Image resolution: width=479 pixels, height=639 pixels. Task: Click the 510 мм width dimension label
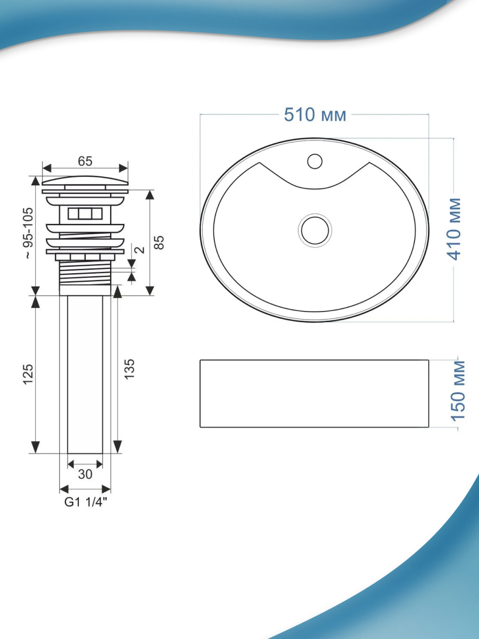coord(315,114)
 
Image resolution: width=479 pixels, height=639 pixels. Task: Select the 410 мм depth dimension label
coord(453,229)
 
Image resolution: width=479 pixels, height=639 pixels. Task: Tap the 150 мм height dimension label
coord(458,391)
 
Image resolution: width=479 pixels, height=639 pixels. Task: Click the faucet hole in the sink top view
coord(315,161)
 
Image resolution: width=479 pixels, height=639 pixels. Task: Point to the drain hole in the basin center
coord(315,230)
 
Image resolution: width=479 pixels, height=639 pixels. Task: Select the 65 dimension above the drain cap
coord(85,161)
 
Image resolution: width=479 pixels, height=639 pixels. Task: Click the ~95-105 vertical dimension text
coord(29,233)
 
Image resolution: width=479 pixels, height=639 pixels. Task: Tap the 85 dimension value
coord(159,242)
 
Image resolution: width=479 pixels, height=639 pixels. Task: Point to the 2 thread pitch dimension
coord(140,250)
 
